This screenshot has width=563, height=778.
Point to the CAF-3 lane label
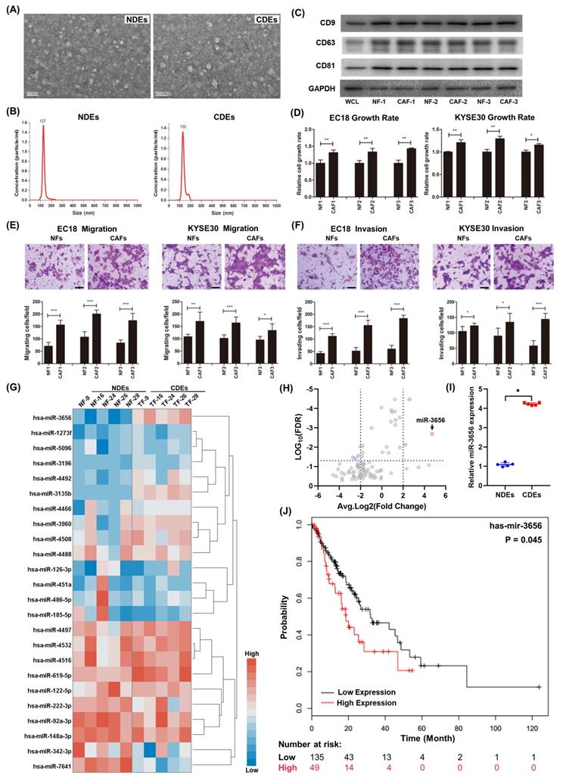[x=533, y=104]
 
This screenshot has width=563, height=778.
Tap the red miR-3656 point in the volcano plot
[x=431, y=434]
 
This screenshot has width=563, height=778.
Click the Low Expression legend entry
[x=365, y=691]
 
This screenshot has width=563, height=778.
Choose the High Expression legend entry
[x=366, y=702]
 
